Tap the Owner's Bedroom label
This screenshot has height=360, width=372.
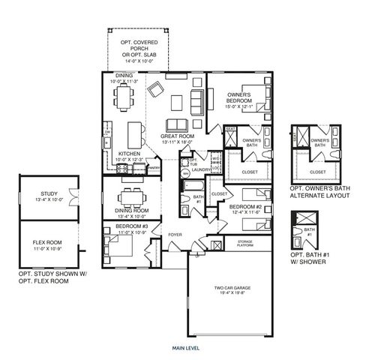(x=238, y=94)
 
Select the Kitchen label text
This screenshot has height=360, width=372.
(x=130, y=154)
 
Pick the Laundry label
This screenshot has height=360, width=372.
(x=200, y=169)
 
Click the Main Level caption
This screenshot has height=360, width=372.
(x=184, y=349)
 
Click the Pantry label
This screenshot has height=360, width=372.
(x=154, y=168)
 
